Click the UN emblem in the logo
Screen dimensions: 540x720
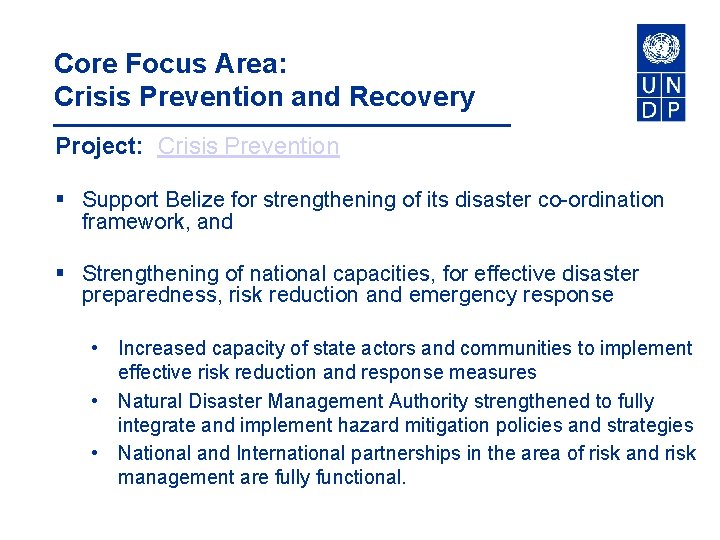(661, 48)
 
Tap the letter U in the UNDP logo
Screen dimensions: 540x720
(649, 85)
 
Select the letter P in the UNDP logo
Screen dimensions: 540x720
(673, 109)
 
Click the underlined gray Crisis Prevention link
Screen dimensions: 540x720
(248, 146)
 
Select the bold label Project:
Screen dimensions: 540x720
(100, 146)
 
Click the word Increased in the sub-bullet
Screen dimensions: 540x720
(161, 348)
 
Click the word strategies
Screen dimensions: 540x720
(648, 426)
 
